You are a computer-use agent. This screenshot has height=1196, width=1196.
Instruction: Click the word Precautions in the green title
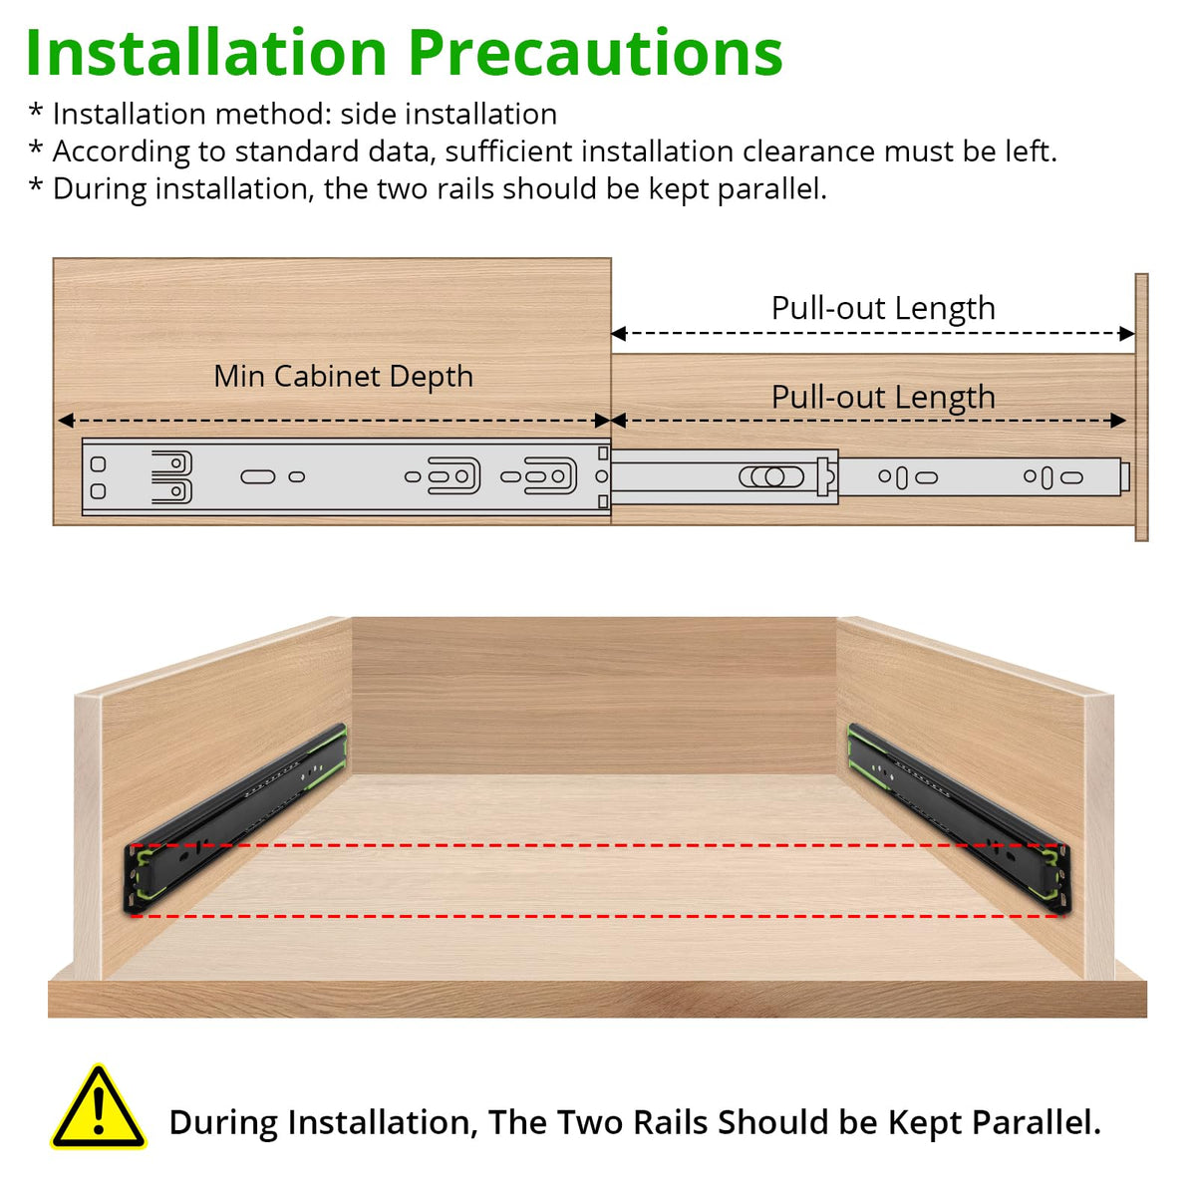pyautogui.click(x=595, y=54)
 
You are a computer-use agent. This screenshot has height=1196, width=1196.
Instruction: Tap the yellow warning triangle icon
pyautogui.click(x=98, y=1107)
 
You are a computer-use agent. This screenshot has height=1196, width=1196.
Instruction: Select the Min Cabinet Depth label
pyautogui.click(x=343, y=377)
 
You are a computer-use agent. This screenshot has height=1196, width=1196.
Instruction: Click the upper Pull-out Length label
pyautogui.click(x=883, y=308)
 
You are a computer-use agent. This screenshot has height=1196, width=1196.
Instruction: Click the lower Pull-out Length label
pyautogui.click(x=883, y=398)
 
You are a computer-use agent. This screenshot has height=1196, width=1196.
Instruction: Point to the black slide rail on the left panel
pyautogui.click(x=236, y=818)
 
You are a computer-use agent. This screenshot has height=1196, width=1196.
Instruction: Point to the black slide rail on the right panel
pyautogui.click(x=960, y=818)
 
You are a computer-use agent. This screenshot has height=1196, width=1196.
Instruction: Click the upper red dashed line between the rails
pyautogui.click(x=597, y=845)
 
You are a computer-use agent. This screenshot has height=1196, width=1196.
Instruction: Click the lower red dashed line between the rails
pyautogui.click(x=597, y=916)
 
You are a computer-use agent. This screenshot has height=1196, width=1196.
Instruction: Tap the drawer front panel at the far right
pyautogui.click(x=1141, y=408)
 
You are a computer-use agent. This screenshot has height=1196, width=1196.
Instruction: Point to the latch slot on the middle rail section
pyautogui.click(x=771, y=476)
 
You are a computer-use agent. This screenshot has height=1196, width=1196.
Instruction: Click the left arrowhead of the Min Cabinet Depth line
pyautogui.click(x=66, y=421)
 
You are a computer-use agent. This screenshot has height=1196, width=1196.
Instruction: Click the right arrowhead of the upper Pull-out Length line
pyautogui.click(x=1127, y=334)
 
